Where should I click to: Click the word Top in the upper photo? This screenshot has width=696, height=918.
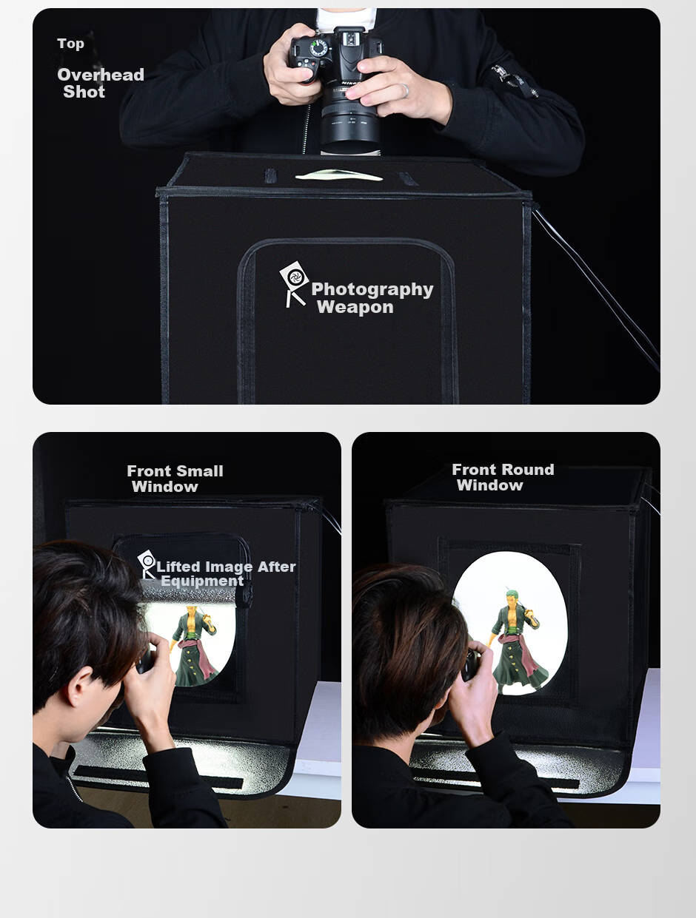(70, 44)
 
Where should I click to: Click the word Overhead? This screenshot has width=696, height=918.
(101, 75)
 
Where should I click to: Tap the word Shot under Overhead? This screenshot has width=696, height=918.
(84, 92)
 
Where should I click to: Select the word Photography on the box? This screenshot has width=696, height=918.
(372, 289)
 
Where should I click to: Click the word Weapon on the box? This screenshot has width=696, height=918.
(355, 307)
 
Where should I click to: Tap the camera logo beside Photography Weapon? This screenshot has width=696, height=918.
(294, 283)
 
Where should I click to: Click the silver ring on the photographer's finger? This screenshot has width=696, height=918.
(405, 91)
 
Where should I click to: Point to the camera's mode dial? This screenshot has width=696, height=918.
(319, 47)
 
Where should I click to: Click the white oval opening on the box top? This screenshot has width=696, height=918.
(339, 175)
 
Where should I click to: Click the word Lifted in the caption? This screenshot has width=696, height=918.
(178, 567)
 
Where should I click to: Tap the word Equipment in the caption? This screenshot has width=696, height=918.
(202, 581)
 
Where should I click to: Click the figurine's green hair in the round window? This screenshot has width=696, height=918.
(512, 595)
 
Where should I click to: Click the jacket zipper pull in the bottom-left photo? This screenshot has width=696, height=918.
(75, 789)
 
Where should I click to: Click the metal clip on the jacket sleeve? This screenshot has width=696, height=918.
(515, 81)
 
